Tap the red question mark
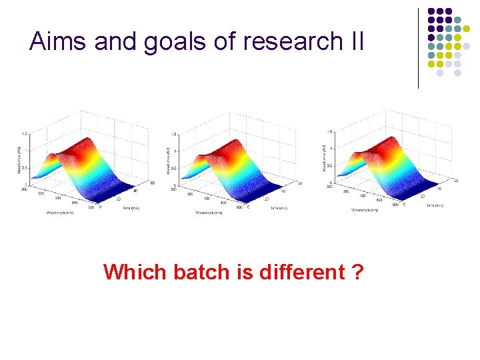pyautogui.click(x=358, y=272)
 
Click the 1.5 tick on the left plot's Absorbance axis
pyautogui.click(x=25, y=133)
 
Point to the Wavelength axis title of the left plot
pyautogui.click(x=61, y=212)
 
